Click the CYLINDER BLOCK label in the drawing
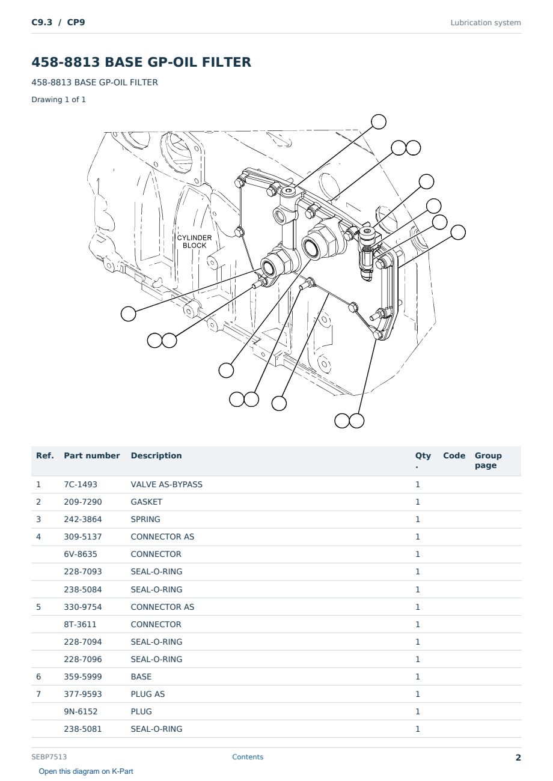click(194, 242)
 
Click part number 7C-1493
click(81, 484)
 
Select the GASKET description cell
click(147, 502)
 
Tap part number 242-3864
click(83, 519)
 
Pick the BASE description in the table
click(141, 676)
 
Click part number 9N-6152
click(81, 711)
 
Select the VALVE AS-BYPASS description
click(167, 484)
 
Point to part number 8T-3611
click(80, 624)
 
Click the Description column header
click(156, 455)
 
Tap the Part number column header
click(92, 455)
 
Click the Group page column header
click(488, 460)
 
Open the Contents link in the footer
click(248, 756)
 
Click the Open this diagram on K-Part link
click(86, 771)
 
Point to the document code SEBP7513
click(49, 756)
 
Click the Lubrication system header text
click(486, 23)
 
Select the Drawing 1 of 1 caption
click(59, 99)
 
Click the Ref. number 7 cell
click(38, 694)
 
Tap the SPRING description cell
click(145, 519)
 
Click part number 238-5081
click(83, 729)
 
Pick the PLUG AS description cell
click(148, 694)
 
